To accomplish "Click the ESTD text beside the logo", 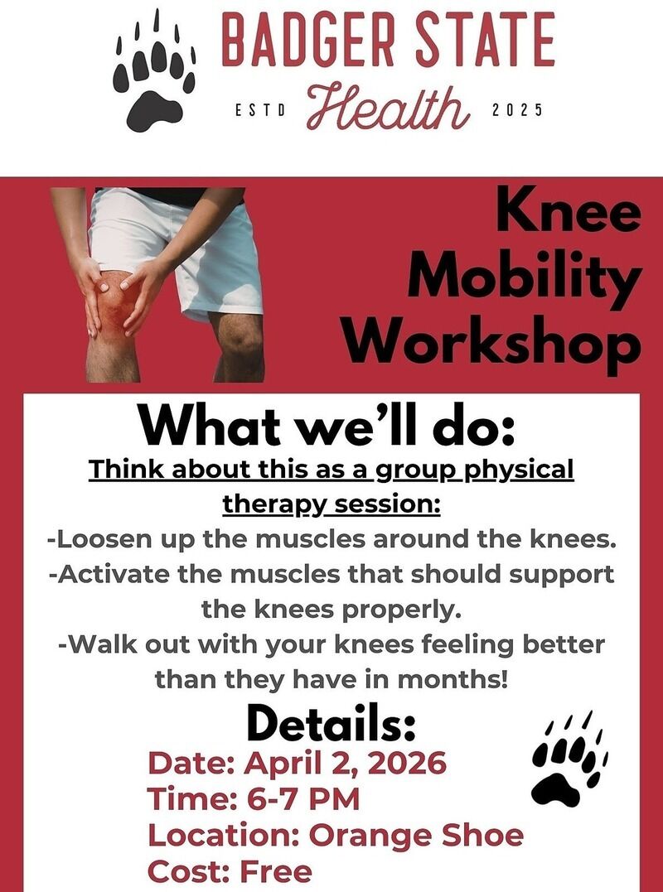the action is coord(260,110).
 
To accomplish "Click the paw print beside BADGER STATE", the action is coord(154,72).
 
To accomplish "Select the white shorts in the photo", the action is coord(177,250).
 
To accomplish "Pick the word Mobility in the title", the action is coord(524,279).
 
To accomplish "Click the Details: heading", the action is coord(331,724).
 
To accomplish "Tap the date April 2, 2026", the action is coord(346,764).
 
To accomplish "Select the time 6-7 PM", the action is coord(302,799).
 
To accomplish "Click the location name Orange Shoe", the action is coord(416,835).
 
